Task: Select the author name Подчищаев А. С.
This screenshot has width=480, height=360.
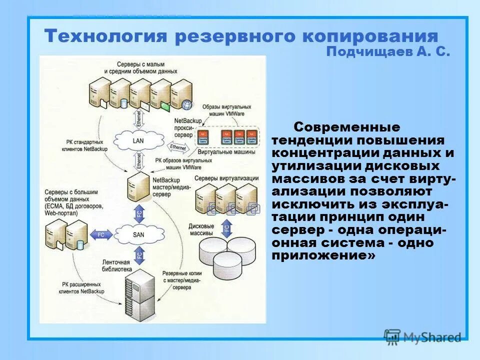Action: click(388, 52)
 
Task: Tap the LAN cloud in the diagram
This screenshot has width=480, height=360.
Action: click(138, 140)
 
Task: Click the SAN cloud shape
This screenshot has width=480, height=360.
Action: click(138, 233)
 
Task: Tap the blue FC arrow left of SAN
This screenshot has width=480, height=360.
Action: click(101, 234)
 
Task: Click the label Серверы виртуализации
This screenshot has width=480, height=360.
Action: click(226, 178)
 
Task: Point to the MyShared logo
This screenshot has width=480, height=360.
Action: click(422, 337)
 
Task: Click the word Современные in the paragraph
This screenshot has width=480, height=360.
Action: click(346, 127)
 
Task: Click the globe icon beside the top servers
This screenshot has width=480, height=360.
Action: click(187, 105)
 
